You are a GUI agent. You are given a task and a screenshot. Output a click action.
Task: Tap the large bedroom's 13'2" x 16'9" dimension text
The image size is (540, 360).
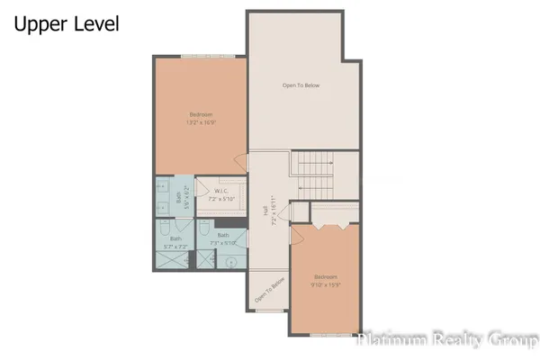[201, 121]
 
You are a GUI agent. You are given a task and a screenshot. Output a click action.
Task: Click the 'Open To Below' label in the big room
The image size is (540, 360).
[301, 85]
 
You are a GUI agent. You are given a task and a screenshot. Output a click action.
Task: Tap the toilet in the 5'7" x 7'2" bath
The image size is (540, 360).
[164, 228]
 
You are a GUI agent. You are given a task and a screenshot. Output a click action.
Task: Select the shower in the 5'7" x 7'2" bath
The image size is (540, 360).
[170, 260]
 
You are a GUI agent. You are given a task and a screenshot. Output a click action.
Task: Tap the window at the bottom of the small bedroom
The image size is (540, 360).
[330, 335]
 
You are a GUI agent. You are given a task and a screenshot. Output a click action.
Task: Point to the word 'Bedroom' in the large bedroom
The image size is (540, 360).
[201, 113]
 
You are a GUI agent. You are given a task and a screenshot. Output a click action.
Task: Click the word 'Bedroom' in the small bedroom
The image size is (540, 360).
[325, 275]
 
